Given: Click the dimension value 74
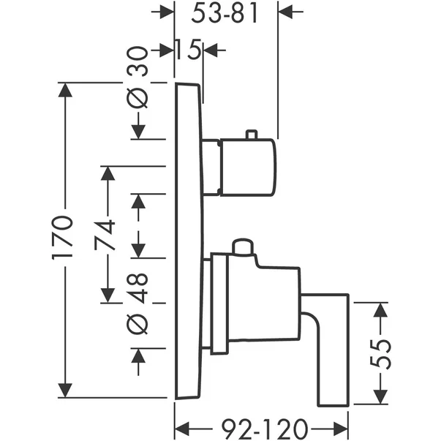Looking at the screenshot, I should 108,235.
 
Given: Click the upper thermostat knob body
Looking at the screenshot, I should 246,166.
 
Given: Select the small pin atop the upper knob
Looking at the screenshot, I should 252,134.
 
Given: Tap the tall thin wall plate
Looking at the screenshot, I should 187,241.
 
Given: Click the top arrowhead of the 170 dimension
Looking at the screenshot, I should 65,91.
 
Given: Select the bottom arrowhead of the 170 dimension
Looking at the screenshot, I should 65,390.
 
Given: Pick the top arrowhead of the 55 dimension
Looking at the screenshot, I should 380,311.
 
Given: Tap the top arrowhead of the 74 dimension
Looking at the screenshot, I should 108,173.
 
